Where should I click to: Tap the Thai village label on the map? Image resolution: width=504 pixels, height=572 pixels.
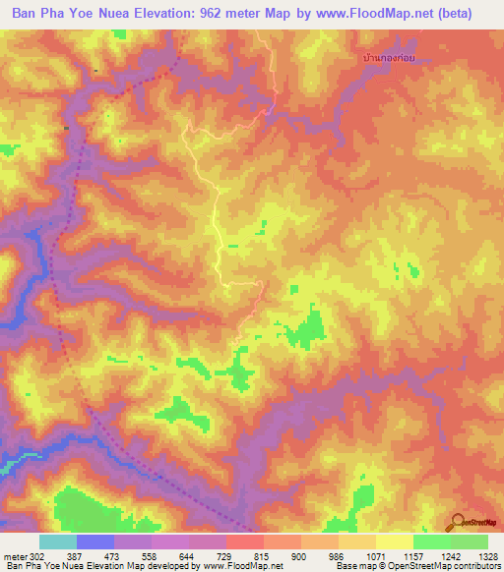click(391, 59)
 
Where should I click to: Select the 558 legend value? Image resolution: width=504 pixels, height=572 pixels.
click(150, 556)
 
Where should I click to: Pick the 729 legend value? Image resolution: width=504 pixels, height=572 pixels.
click(225, 556)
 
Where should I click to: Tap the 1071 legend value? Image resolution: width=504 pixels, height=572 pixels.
click(375, 556)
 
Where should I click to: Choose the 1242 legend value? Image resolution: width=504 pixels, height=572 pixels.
click(450, 556)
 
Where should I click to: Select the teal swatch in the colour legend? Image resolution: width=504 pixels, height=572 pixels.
click(57, 542)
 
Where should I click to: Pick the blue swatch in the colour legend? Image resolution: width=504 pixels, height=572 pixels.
click(94, 542)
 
